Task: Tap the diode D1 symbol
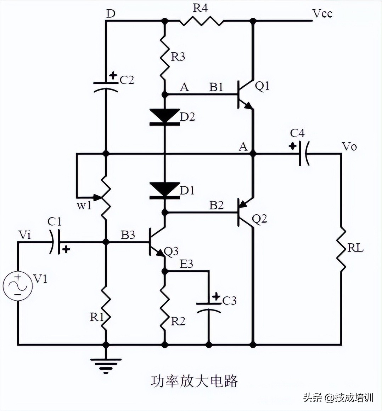164,190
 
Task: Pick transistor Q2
245,212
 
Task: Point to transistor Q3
156,243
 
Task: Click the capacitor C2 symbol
106,85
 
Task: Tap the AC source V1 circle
17,286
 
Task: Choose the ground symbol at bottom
106,364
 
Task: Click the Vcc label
322,14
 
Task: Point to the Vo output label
349,146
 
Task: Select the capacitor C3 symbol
209,307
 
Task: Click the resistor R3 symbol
164,58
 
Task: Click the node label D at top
111,14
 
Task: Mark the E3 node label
186,264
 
